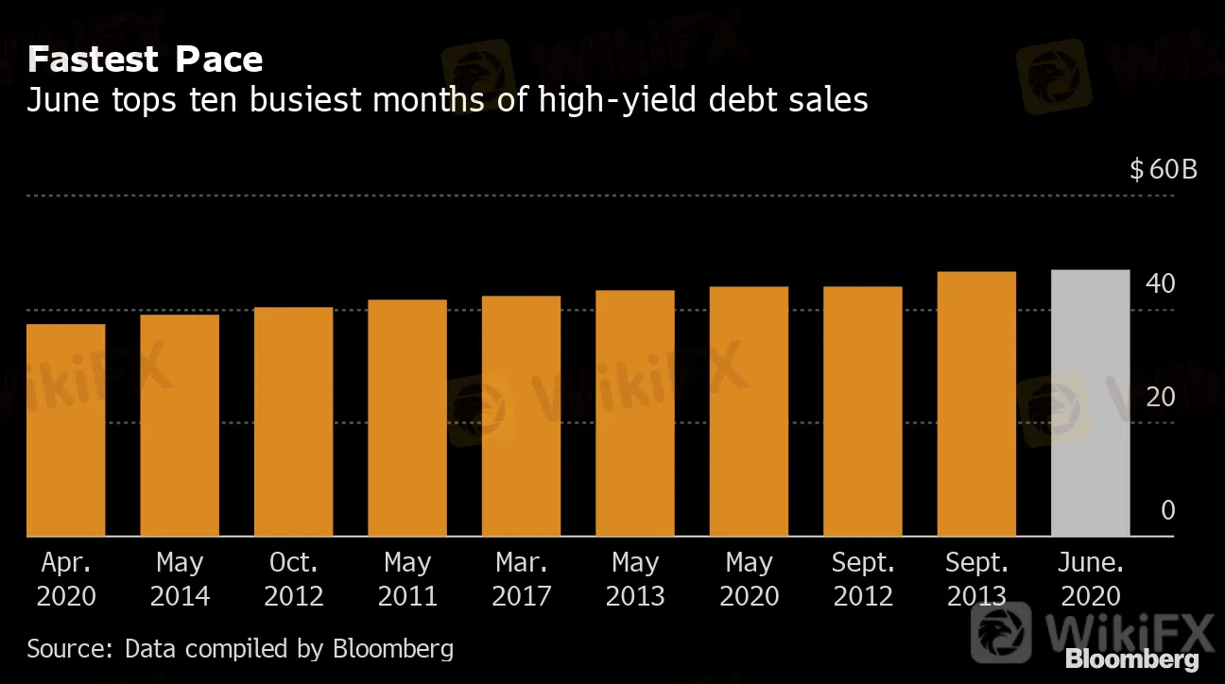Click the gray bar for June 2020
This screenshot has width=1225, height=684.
[1090, 403]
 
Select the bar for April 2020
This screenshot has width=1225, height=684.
[65, 430]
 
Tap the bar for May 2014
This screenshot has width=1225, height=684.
[180, 425]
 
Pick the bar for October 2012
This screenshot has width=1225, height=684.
[293, 421]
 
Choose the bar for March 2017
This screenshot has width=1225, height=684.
[521, 416]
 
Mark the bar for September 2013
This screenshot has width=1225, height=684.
[976, 404]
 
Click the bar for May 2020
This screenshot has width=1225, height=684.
[749, 411]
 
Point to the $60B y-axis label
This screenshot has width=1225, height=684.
[1164, 170]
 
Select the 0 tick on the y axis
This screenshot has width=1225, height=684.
[1168, 511]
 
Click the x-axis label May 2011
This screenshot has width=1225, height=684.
[407, 579]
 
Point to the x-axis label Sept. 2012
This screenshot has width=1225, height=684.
[862, 579]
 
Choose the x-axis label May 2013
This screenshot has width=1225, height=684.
[635, 579]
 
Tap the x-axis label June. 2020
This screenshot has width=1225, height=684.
[1091, 579]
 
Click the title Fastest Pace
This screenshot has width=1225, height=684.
[145, 60]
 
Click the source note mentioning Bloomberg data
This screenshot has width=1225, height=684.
[240, 649]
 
